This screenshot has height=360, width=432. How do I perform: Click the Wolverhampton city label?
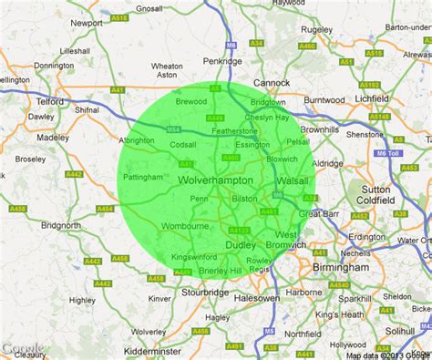click(215, 180)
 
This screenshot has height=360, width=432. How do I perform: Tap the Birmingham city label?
click(338, 268)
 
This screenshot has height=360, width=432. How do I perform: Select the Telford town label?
click(51, 101)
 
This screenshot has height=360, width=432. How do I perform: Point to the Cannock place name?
click(271, 82)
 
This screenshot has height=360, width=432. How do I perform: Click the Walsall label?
click(292, 181)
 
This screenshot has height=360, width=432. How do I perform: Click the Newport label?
click(87, 22)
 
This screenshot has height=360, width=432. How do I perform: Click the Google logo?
click(21, 348)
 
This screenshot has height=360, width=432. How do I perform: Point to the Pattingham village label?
click(143, 177)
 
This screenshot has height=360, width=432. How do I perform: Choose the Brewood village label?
click(191, 102)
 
